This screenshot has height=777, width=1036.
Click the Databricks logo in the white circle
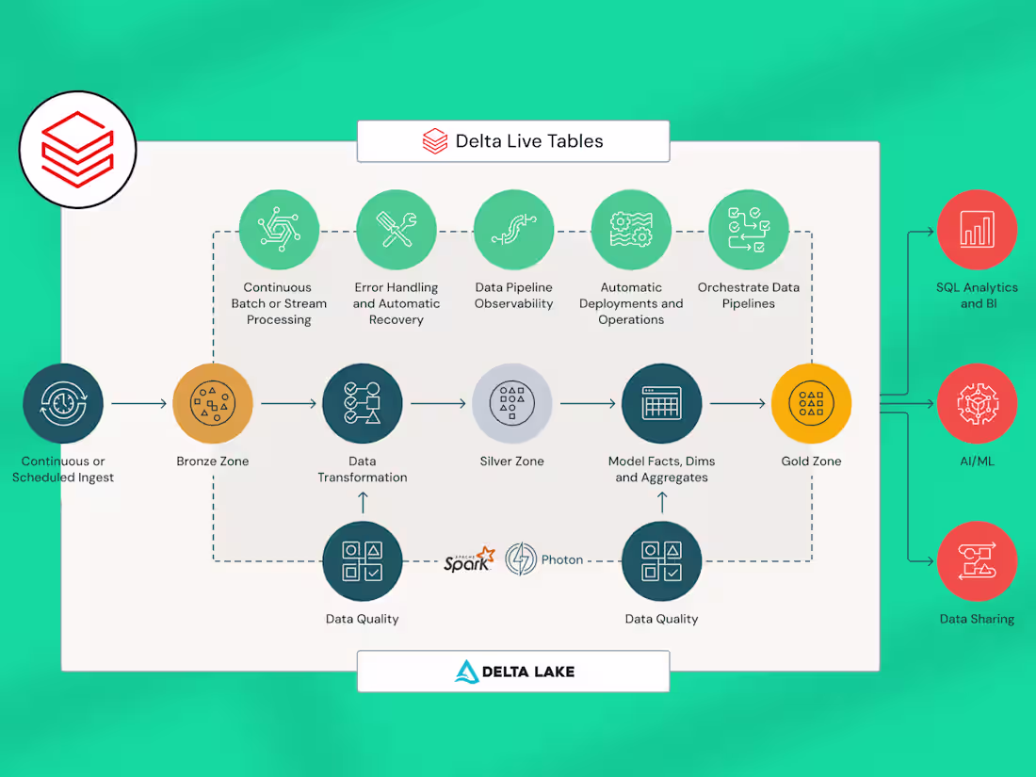pos(77,150)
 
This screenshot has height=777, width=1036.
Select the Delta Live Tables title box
pos(513,141)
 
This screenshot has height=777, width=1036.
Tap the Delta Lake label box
pos(513,672)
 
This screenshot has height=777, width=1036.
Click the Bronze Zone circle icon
pos(213,404)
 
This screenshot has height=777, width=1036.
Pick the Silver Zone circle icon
pos(512,404)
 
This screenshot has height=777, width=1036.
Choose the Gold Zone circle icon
pos(811,404)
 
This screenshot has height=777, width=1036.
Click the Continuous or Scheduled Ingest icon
pos(63,404)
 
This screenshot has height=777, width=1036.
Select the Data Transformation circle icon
pos(363,404)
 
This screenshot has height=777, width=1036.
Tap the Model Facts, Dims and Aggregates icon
pos(661,404)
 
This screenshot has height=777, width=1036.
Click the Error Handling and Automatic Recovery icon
pos(396,230)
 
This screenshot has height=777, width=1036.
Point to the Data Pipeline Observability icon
pos(513,230)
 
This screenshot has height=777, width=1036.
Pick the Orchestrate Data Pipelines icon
pos(749,230)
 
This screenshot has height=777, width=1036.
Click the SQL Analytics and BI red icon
pos(977,229)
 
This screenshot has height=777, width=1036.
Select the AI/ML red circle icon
pos(977,404)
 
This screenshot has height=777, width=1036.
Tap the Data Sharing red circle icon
pos(977,560)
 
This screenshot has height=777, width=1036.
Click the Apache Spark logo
pos(469,559)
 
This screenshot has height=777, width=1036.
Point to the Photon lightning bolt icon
pos(521,559)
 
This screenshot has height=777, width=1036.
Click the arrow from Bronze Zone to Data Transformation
pos(288,404)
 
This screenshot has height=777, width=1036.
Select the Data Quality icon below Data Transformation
pos(363,560)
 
